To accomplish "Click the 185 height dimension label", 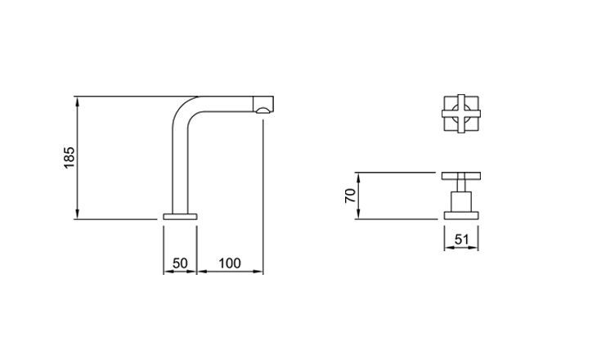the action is pos(70,157).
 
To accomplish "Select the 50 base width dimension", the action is pos(180,263).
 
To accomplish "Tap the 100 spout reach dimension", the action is pos(230,263).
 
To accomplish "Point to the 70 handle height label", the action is pos(350,196).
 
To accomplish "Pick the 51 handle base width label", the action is pos(461,240).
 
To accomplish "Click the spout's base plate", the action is pos(180,216).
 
